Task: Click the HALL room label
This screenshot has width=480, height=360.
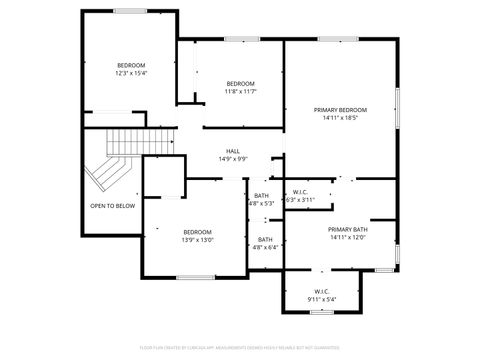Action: (232, 151)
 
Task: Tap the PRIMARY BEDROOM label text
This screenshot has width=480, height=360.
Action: (340, 109)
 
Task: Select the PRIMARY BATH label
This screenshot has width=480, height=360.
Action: (347, 229)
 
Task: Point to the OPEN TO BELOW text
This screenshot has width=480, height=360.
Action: (112, 206)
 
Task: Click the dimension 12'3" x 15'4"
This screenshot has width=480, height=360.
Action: (131, 73)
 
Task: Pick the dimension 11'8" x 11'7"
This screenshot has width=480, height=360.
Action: (241, 91)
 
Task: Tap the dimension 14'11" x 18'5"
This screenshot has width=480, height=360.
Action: (340, 117)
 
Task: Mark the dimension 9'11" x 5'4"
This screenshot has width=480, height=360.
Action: (321, 299)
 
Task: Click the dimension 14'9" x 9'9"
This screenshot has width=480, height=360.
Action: (232, 159)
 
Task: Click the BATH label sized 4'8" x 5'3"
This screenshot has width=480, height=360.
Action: (261, 195)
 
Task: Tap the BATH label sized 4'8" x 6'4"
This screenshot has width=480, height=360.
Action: (265, 239)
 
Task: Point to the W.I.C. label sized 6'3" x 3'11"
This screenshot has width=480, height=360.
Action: (300, 192)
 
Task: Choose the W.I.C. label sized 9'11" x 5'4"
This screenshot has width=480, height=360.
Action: (321, 291)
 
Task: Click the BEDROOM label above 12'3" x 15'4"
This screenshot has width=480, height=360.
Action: (131, 65)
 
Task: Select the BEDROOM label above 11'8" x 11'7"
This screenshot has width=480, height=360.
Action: (241, 83)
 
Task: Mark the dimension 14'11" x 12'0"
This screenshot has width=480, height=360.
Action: (347, 237)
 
